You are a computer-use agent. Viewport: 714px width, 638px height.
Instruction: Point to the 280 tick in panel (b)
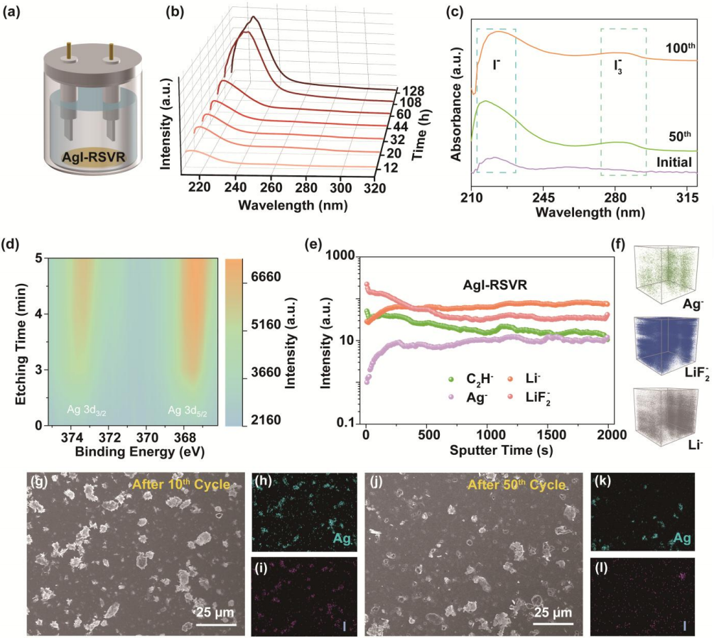[x=306, y=188]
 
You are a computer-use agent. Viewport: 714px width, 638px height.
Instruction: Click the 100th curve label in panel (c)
[x=678, y=48]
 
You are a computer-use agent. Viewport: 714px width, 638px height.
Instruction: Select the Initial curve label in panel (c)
[x=674, y=163]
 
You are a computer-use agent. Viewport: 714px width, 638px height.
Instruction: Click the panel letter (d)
[x=11, y=246]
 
